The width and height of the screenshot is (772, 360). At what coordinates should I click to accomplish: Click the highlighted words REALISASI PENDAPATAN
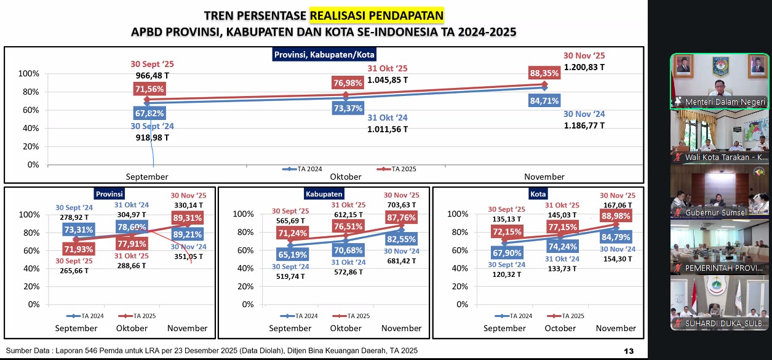click(376, 15)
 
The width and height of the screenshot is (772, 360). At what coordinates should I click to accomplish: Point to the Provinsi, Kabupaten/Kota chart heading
click(324, 55)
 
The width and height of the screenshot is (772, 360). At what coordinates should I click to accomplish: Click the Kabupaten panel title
click(324, 193)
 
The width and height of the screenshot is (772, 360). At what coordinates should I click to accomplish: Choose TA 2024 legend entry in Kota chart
click(517, 316)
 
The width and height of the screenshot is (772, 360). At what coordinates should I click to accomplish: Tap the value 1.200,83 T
click(584, 66)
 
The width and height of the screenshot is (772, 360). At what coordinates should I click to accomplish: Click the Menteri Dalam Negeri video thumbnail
click(719, 81)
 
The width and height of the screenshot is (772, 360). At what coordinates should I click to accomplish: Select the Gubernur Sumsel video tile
click(719, 191)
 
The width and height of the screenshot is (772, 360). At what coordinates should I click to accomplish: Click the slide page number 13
click(629, 351)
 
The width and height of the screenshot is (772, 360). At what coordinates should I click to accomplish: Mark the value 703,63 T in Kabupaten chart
click(401, 205)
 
